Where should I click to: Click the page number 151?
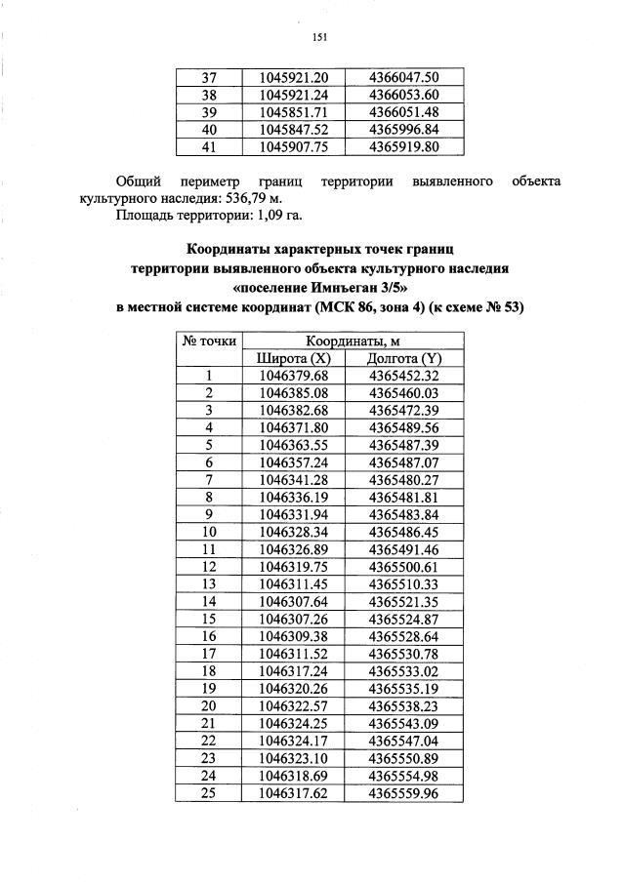click(318, 38)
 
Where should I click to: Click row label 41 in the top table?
click(208, 147)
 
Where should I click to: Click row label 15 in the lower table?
click(208, 619)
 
